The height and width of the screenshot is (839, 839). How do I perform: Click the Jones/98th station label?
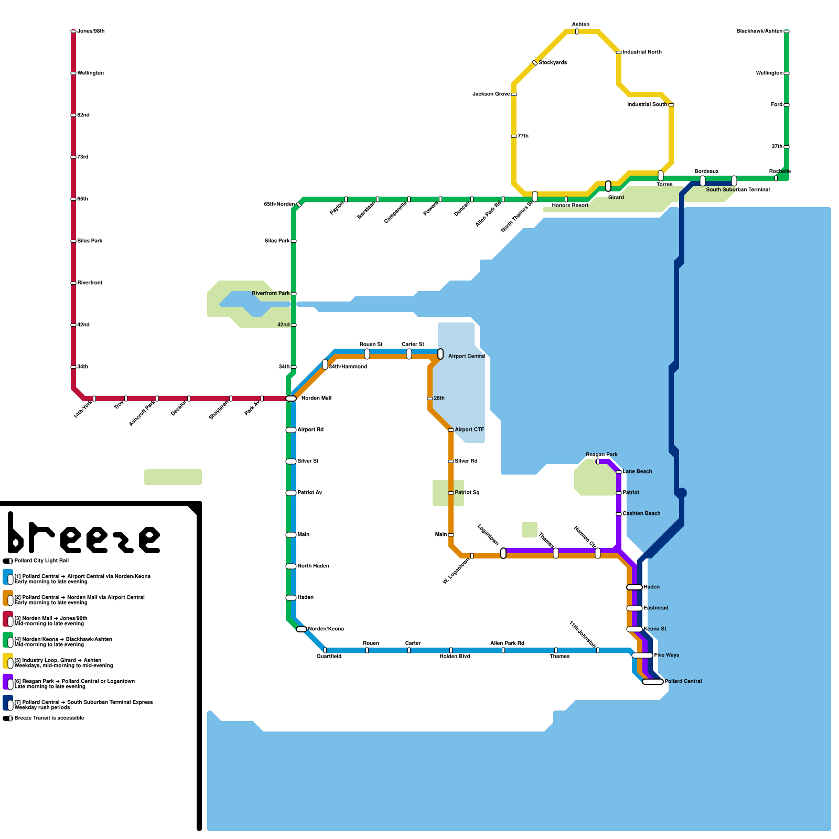click(x=91, y=31)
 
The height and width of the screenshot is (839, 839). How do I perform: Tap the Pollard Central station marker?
click(x=653, y=682)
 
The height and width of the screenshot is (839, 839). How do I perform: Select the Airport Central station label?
click(x=467, y=357)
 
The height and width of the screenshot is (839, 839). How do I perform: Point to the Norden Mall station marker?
click(x=291, y=399)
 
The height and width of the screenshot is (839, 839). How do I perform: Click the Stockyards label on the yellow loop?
click(x=553, y=63)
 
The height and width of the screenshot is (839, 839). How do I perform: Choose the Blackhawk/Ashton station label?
click(x=759, y=31)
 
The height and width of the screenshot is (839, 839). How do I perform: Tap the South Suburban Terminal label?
click(x=738, y=190)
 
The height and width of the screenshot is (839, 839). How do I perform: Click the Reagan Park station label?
click(x=601, y=455)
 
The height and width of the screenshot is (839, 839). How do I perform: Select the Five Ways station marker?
click(x=642, y=655)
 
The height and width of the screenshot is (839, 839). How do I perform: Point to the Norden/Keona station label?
click(x=326, y=629)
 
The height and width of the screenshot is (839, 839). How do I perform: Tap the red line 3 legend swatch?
click(x=8, y=619)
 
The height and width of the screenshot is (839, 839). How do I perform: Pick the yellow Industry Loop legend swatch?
click(x=8, y=661)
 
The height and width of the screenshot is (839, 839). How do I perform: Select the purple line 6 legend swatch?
click(x=8, y=682)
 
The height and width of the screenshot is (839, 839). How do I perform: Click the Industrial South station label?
click(x=647, y=105)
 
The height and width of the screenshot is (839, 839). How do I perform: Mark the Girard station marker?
click(x=608, y=186)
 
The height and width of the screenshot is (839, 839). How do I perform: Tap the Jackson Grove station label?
click(x=491, y=94)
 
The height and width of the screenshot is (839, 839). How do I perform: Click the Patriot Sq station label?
click(x=467, y=493)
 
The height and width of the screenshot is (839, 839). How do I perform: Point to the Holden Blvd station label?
click(x=455, y=657)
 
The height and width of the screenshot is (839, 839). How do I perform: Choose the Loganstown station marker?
click(x=503, y=553)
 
